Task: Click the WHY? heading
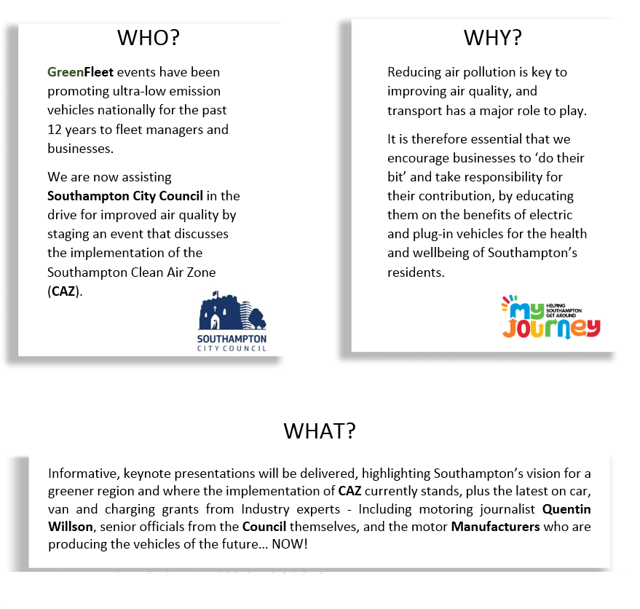click(492, 38)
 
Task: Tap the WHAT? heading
click(320, 431)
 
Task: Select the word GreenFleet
click(80, 72)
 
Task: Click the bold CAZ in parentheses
click(63, 291)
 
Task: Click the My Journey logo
click(551, 318)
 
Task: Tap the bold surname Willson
click(71, 526)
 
